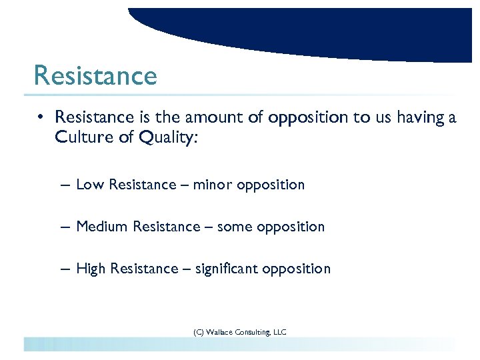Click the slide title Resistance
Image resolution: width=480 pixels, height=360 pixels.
pos(95,75)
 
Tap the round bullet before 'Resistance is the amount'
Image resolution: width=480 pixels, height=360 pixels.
pos(41,118)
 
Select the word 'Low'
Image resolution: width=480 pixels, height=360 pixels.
pos(90,185)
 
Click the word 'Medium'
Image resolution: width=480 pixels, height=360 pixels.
pos(102,227)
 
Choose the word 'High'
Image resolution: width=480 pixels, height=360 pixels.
pos(91,269)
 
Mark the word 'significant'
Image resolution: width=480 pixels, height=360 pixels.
pos(227,269)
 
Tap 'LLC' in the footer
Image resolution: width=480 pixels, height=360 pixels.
pos(281,331)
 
